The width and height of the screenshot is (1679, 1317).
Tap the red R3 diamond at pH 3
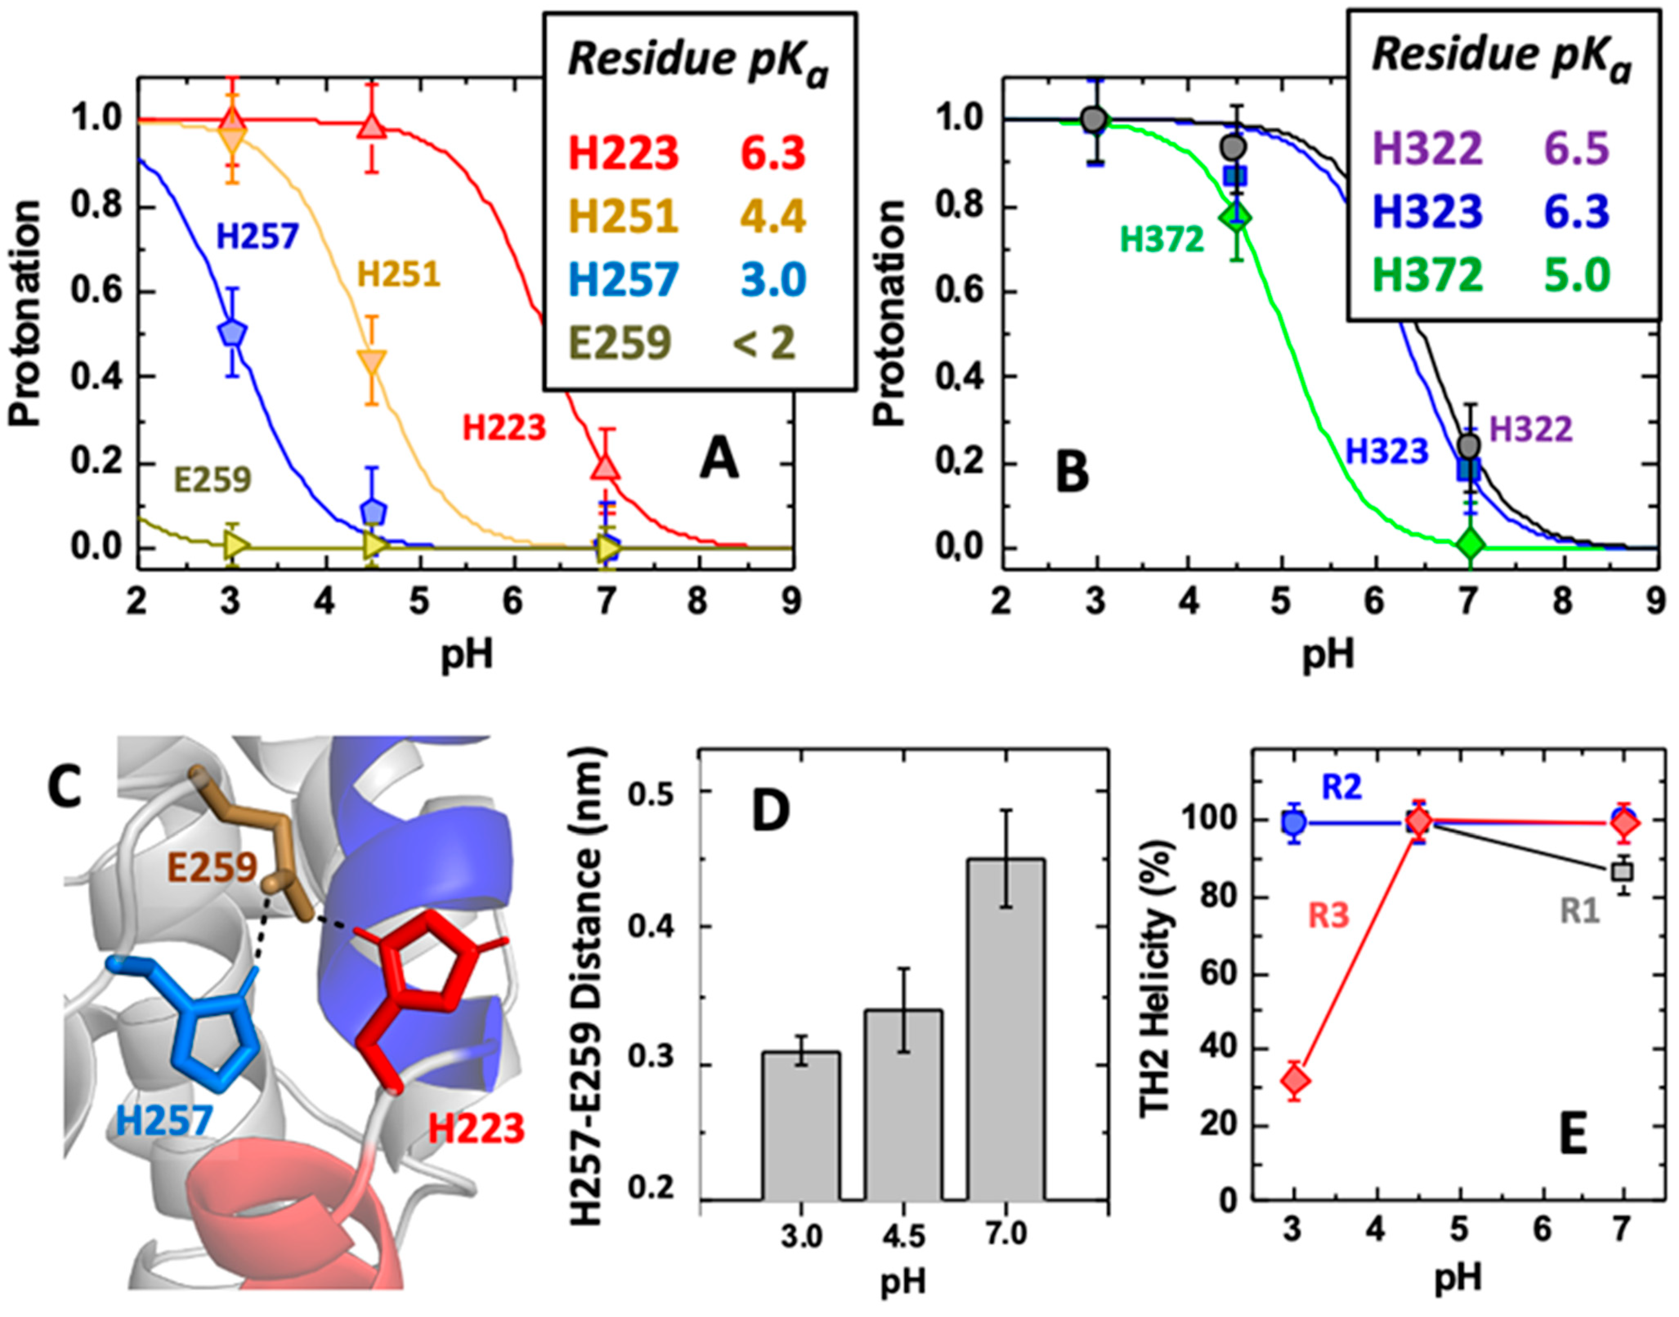point(1295,1081)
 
